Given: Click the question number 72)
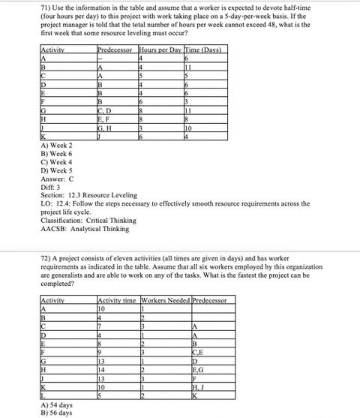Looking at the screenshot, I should pyautogui.click(x=46, y=254).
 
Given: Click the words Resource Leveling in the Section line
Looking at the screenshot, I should pyautogui.click(x=105, y=194).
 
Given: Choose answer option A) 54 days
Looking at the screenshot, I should pyautogui.click(x=57, y=404).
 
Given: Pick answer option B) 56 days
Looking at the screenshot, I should pyautogui.click(x=57, y=412).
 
